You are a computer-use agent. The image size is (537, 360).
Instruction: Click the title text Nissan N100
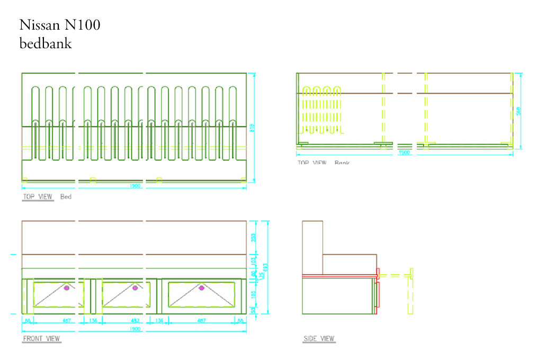tap(60, 25)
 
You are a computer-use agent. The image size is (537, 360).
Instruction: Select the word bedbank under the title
tap(46, 43)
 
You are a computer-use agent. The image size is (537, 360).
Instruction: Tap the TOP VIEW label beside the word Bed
tap(38, 197)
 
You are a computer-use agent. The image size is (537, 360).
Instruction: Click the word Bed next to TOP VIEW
tap(66, 197)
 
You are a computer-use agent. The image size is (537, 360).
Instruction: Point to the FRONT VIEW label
tap(41, 339)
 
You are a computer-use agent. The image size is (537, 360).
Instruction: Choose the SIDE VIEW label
tap(319, 339)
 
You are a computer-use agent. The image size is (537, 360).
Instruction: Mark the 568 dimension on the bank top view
tap(519, 111)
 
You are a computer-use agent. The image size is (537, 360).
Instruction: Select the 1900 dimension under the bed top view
tap(135, 186)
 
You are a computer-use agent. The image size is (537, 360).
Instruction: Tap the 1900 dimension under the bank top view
tap(404, 152)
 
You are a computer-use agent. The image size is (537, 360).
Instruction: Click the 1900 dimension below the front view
tap(135, 329)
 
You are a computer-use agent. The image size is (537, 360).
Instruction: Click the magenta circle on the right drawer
tap(201, 288)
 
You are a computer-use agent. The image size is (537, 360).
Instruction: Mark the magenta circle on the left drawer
tap(67, 288)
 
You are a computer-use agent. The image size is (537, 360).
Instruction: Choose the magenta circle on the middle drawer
tap(135, 288)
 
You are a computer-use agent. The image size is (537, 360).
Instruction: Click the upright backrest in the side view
tap(312, 247)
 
